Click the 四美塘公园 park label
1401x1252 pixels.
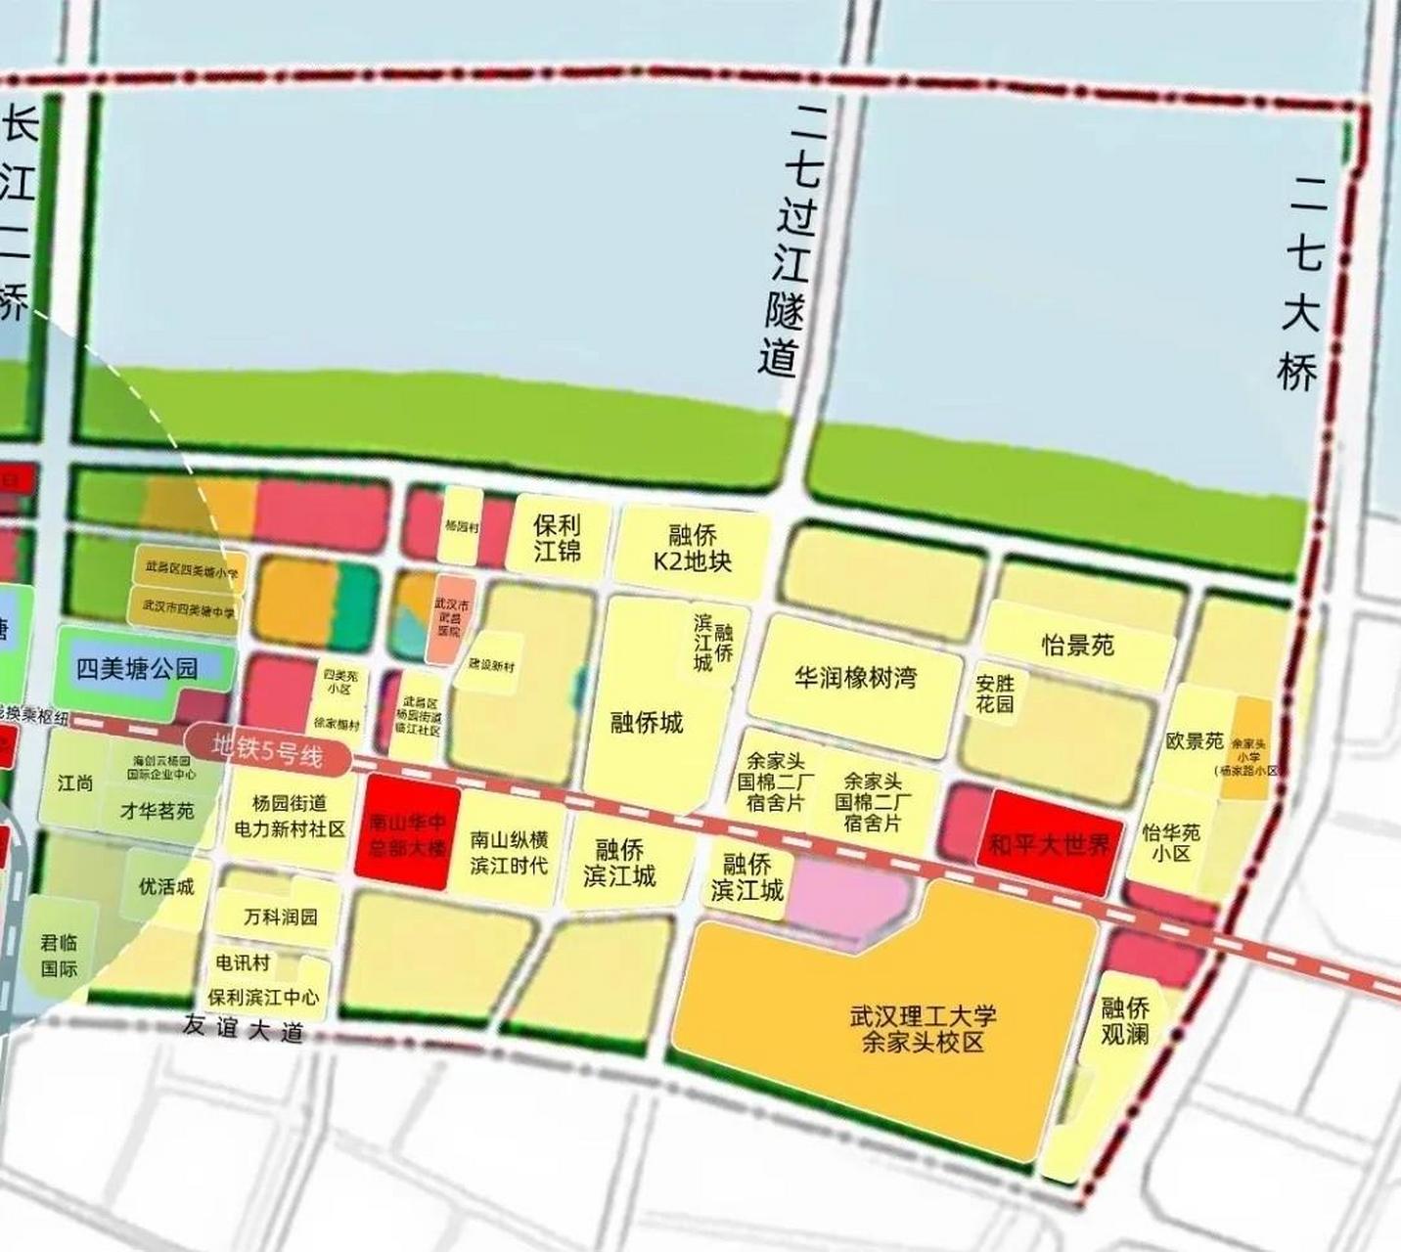(x=137, y=669)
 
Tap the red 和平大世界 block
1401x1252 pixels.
(x=1050, y=842)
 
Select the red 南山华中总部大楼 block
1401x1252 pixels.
(x=407, y=834)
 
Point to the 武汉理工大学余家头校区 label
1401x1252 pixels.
(x=922, y=1028)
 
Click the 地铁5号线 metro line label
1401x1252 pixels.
(x=268, y=750)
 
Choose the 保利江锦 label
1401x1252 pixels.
(x=557, y=537)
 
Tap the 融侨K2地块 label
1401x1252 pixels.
(x=693, y=548)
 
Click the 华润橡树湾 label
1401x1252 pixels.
(x=856, y=678)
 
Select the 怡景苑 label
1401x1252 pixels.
(x=1077, y=646)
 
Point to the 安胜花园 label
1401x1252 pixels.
(x=994, y=693)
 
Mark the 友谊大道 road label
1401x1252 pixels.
(x=243, y=1028)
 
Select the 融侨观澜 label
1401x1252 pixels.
(x=1124, y=1020)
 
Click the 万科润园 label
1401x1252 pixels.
(x=281, y=917)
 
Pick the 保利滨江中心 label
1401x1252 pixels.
(x=263, y=997)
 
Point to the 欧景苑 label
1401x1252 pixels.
(x=1195, y=741)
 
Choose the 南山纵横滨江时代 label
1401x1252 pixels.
(x=509, y=852)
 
